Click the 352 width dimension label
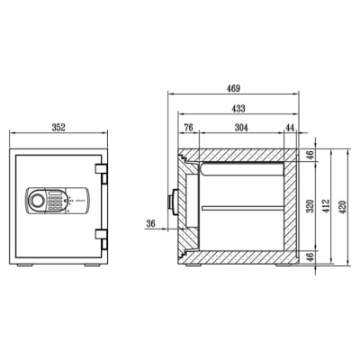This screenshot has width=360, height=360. pos(58,128)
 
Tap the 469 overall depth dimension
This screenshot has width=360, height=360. pos(233,89)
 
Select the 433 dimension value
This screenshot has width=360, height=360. pos(238,109)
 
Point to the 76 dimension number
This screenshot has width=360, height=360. pos(188,128)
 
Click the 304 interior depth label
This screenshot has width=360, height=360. pos(241,128)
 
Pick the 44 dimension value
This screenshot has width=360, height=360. pos(290,128)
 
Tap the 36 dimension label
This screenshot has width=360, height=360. pos(151,223)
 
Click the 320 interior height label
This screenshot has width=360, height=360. pos(310,206)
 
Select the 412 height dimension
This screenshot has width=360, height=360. pos(327,206)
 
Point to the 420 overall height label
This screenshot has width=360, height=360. pos(343,207)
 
